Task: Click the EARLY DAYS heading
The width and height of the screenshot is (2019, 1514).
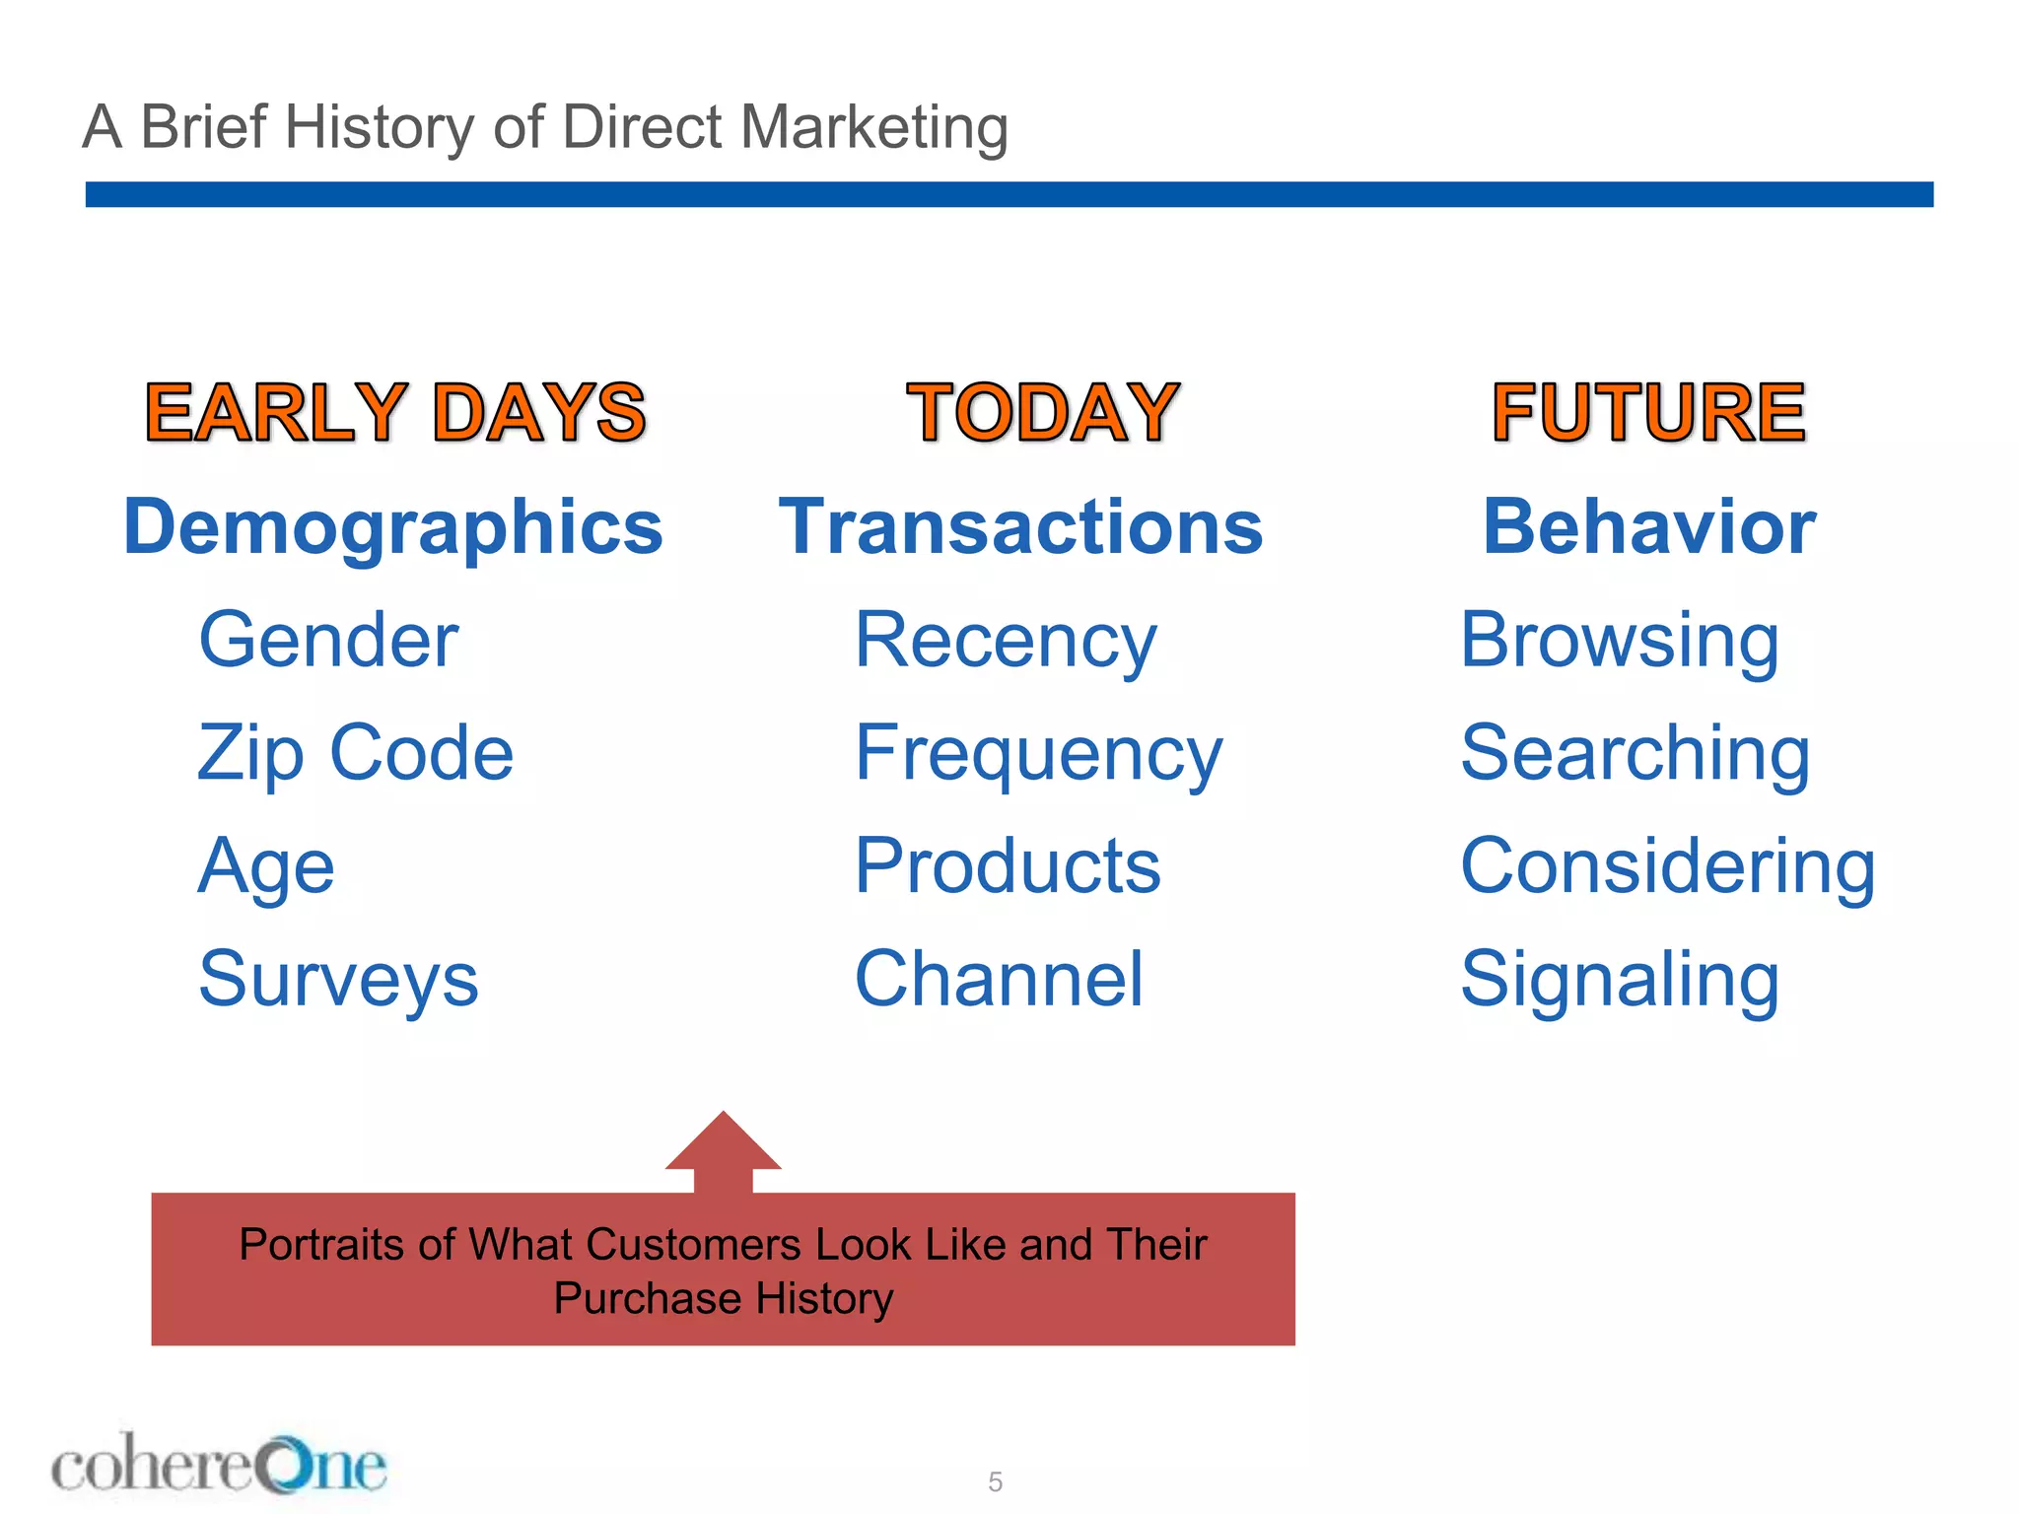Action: pos(395,412)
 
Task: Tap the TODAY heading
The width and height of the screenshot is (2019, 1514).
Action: pos(1042,412)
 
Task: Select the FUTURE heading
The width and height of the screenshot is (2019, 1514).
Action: pos(1648,412)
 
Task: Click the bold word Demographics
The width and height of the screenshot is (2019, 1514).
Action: pos(393,527)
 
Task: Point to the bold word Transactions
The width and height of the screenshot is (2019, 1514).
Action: pos(1020,527)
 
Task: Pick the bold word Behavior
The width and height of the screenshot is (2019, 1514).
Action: pos(1648,527)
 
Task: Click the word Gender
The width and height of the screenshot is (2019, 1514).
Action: pos(328,641)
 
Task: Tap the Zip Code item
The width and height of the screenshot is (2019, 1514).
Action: pos(355,753)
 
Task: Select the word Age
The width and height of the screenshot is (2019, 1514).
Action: pos(266,866)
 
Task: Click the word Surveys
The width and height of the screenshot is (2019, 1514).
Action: pos(338,979)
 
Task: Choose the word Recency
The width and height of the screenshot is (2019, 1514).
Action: pos(1005,641)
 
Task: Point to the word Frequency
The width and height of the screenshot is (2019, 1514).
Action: pos(1038,753)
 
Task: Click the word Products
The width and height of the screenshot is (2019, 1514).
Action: pos(1008,866)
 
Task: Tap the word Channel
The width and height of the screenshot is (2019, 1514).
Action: pos(999,979)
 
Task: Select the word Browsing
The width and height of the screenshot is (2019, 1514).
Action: pos(1620,641)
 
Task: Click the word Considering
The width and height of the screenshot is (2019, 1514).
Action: pos(1668,866)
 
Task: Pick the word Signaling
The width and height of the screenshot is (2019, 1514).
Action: pos(1620,979)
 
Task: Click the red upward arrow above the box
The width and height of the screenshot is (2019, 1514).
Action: pos(723,1151)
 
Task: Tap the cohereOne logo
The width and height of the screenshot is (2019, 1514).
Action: pos(219,1465)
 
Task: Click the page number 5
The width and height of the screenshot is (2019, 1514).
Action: pos(996,1482)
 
